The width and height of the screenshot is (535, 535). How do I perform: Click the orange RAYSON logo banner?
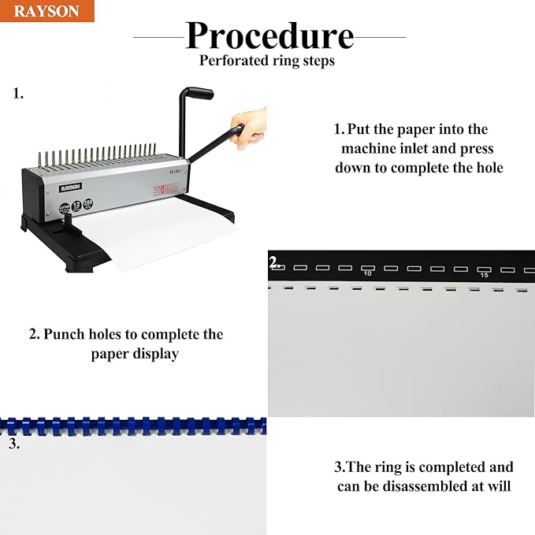[x=47, y=11]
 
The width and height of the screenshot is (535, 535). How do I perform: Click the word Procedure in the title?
[x=269, y=35]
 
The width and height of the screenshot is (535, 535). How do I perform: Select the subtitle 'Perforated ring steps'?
[x=267, y=61]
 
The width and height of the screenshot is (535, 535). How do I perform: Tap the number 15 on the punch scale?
[x=484, y=275]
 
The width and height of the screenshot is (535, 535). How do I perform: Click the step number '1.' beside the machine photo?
[x=18, y=94]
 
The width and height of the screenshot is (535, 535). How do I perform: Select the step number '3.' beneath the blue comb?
[x=14, y=443]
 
